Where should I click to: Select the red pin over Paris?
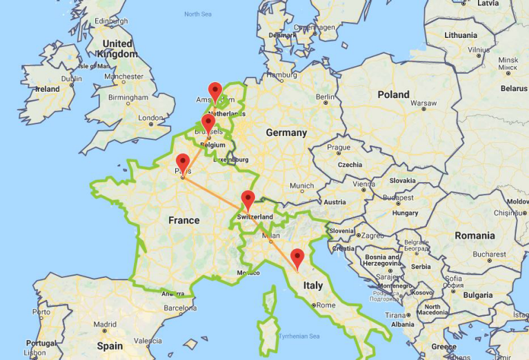[x=183, y=163]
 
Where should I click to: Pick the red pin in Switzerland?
[x=248, y=200]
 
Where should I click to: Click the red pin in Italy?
[x=297, y=258]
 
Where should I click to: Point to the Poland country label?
[x=393, y=94]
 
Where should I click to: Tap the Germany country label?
[x=286, y=132]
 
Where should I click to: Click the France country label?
[x=184, y=221]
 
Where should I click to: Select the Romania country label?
[x=475, y=235]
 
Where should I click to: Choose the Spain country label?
[x=110, y=346]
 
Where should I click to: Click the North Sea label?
[x=197, y=14]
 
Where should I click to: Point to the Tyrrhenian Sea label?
[x=299, y=336]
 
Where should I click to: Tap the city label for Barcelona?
[x=181, y=308]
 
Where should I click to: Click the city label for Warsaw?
[x=423, y=103]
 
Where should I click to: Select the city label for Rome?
[x=326, y=305]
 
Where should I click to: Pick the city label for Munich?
[x=301, y=186]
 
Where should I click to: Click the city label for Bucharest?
[x=490, y=254]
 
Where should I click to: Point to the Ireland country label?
[x=47, y=89]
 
